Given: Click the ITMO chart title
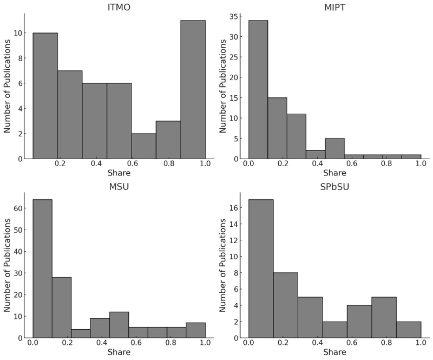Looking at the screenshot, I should point(119,7).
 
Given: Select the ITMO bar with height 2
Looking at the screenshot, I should point(143,146).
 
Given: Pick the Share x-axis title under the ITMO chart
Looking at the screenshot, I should point(119,174).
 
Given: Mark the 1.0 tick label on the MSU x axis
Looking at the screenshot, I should point(205,343).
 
